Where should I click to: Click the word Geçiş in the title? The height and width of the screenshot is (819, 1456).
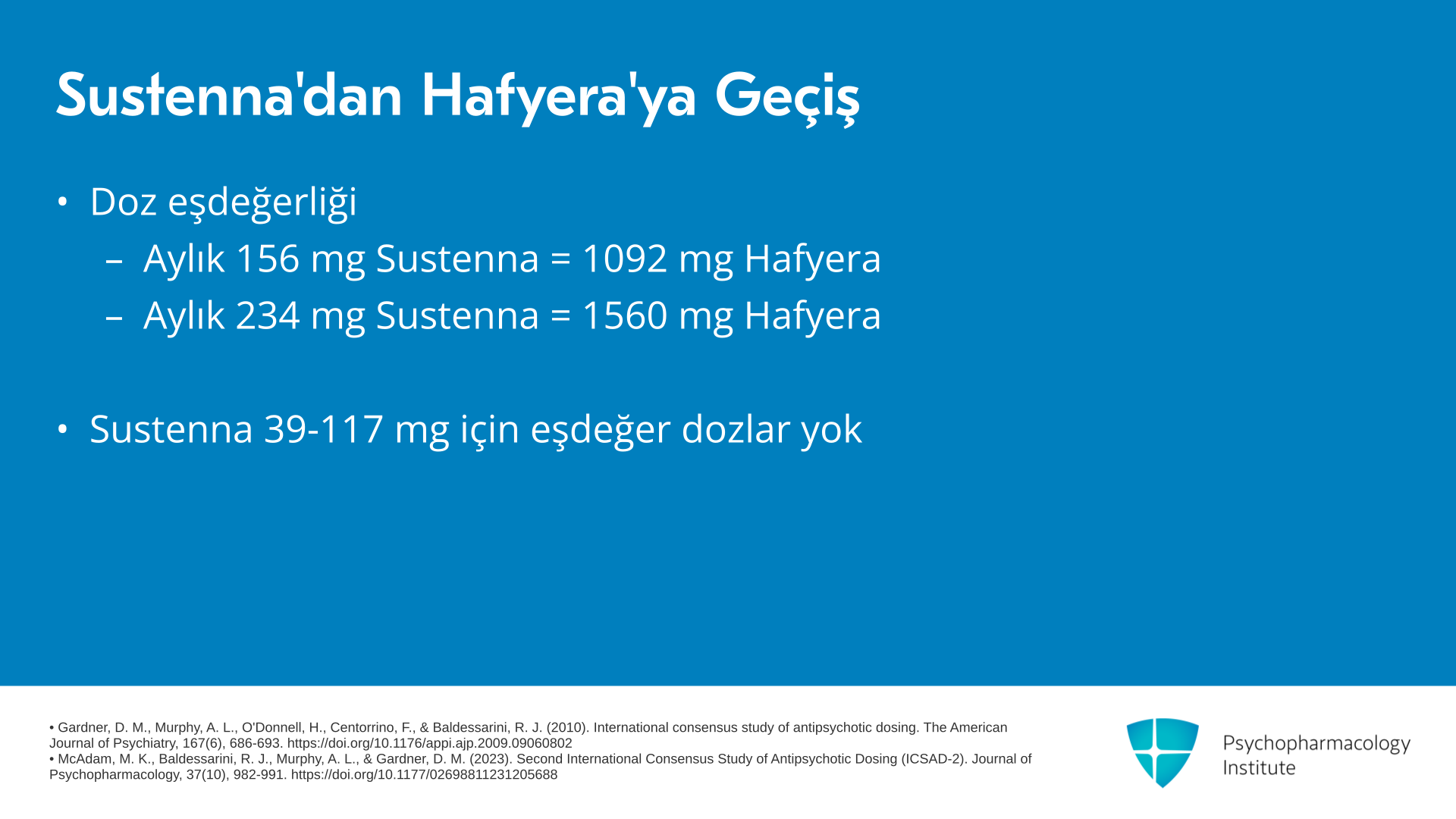(787, 98)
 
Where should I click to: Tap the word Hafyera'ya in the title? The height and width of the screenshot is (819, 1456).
(559, 98)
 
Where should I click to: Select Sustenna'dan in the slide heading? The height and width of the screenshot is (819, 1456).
(229, 95)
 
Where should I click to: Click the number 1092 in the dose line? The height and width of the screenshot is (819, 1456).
(624, 259)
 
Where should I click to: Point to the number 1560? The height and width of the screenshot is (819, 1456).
(624, 315)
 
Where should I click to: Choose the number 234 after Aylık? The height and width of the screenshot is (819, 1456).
(268, 315)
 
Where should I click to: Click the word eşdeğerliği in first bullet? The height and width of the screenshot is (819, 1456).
(262, 203)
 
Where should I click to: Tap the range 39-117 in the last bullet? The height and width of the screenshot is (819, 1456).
(323, 429)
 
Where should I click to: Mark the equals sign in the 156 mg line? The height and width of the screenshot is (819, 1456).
(560, 260)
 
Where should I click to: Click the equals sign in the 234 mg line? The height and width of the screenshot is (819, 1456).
(560, 317)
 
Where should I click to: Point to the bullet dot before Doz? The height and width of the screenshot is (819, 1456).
(62, 202)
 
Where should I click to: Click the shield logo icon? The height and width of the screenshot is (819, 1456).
(1163, 752)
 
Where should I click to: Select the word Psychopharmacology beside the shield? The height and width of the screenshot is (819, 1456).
(1316, 744)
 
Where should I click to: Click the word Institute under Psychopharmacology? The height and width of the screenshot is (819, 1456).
(1259, 768)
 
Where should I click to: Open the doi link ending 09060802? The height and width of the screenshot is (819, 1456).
(429, 744)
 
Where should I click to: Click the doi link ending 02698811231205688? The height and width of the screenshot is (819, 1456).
(424, 775)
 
